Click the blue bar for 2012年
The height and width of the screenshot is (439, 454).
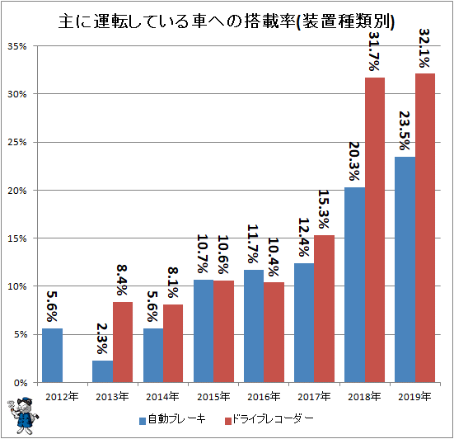52,355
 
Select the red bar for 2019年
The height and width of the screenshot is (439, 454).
425,228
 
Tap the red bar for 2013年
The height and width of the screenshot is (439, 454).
123,342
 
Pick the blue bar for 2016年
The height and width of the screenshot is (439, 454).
254,326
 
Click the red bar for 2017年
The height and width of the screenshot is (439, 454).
324,309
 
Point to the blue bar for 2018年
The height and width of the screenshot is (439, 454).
354,285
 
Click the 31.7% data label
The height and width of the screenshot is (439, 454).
374,51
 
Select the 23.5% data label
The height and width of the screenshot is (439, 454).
405,130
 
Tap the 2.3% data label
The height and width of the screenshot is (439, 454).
102,338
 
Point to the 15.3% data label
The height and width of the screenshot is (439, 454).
324,209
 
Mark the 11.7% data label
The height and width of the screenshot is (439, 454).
252,243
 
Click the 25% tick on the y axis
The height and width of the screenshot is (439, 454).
16,142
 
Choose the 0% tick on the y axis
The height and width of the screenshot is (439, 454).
20,383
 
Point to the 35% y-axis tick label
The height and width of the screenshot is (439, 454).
16,46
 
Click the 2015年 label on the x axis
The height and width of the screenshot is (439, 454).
213,396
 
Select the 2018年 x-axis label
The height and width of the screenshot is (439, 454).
364,396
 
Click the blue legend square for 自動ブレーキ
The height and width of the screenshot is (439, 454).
143,421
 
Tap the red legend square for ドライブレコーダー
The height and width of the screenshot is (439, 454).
228,421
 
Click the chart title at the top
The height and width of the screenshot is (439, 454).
227,21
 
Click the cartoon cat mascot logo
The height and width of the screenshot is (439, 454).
23,415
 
